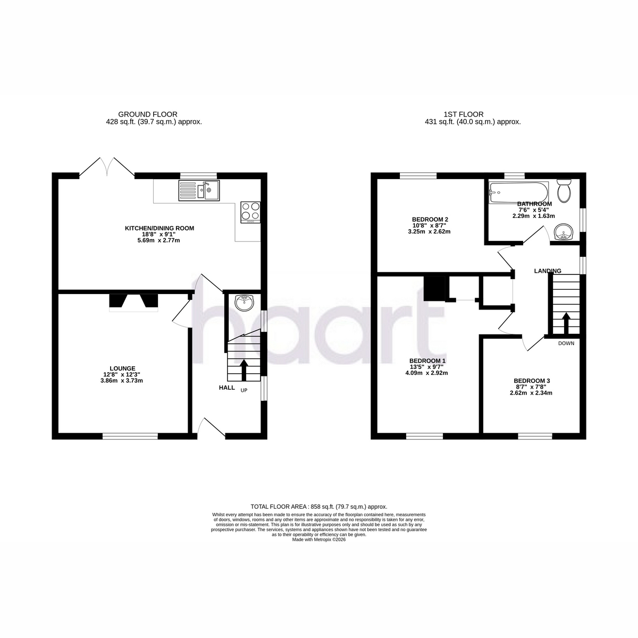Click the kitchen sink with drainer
199,190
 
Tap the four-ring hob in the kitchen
250,212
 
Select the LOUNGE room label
122,368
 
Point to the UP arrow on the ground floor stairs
244,370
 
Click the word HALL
227,388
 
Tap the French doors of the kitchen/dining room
107,166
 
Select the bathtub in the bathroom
518,192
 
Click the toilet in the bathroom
564,191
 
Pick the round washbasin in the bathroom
563,231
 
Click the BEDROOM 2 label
430,219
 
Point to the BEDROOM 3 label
532,381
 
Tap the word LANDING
548,271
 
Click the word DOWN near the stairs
566,343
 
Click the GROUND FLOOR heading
148,114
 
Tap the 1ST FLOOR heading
464,114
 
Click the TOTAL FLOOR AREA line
319,507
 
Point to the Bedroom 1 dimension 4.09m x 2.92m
427,373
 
